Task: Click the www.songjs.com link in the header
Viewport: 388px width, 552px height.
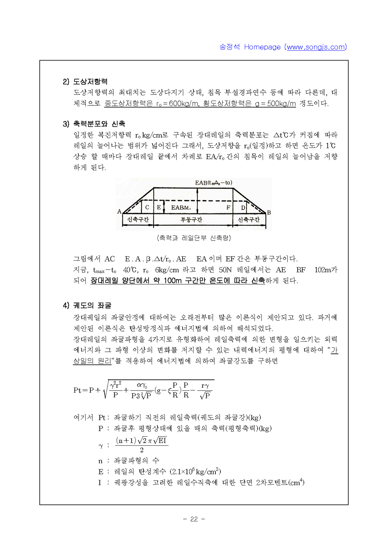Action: pyautogui.click(x=316, y=47)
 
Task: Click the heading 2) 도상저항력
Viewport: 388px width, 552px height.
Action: pyautogui.click(x=85, y=81)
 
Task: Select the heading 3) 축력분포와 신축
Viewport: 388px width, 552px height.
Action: pyautogui.click(x=94, y=124)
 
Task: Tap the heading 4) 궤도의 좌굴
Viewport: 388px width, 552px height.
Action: pyautogui.click(x=87, y=305)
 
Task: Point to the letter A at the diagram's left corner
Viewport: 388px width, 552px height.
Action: pyautogui.click(x=120, y=211)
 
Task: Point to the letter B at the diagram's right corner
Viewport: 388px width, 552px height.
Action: pyautogui.click(x=269, y=213)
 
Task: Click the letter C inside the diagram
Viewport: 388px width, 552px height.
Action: pyautogui.click(x=147, y=208)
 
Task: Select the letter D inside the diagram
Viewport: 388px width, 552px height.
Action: pyautogui.click(x=243, y=208)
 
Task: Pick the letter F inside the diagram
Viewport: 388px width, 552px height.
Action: pyautogui.click(x=229, y=208)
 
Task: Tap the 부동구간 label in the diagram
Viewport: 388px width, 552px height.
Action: pyautogui.click(x=191, y=220)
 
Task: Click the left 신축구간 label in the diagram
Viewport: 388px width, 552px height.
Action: pyautogui.click(x=138, y=220)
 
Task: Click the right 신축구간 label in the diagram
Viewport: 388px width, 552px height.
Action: pyautogui.click(x=248, y=220)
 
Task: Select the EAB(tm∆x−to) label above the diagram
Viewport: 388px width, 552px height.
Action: pyautogui.click(x=213, y=183)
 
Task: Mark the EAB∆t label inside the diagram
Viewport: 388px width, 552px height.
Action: pyautogui.click(x=181, y=208)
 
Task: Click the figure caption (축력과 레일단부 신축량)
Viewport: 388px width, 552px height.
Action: pyautogui.click(x=194, y=238)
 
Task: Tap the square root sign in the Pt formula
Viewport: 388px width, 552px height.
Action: pyautogui.click(x=105, y=389)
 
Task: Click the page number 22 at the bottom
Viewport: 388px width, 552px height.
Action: pyautogui.click(x=194, y=519)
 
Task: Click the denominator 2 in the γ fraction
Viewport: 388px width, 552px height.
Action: pyautogui.click(x=142, y=450)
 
